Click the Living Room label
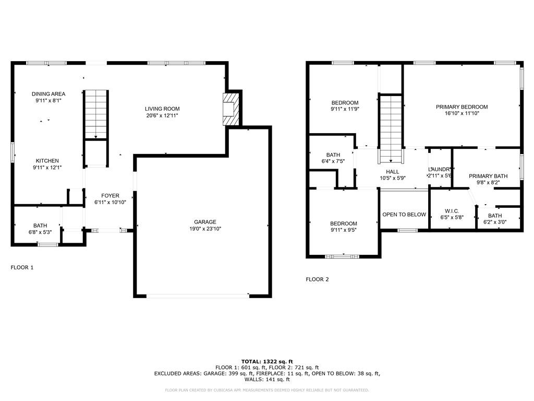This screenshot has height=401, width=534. [x=162, y=109]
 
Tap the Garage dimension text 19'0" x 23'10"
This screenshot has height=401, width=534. [x=201, y=228]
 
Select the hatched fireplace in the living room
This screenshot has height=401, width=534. [x=230, y=109]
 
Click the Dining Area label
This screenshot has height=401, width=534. [x=48, y=94]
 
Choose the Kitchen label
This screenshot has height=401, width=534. [x=47, y=161]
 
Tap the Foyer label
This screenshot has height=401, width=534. [x=110, y=196]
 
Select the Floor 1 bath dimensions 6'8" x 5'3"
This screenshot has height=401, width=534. [x=40, y=232]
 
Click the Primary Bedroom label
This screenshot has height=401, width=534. [x=458, y=107]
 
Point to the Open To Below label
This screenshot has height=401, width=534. [x=404, y=215]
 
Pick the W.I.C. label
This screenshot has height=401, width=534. [x=452, y=210]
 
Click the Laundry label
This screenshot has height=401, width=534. [x=440, y=169]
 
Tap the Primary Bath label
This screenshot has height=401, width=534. [x=488, y=176]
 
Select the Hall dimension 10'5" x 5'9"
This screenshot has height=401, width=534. [x=393, y=178]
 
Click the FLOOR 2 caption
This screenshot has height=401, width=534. [x=317, y=279]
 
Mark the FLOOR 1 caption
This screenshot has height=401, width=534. [x=22, y=267]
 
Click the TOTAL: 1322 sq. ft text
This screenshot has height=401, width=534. [x=267, y=361]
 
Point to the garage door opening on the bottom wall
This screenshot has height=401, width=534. [x=198, y=296]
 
